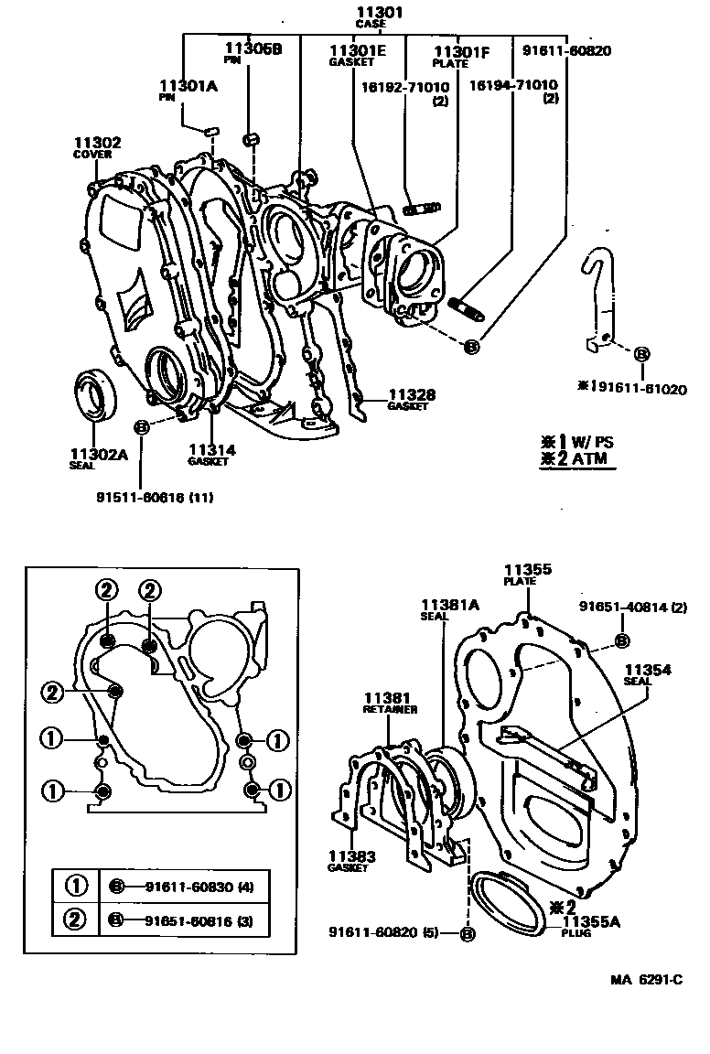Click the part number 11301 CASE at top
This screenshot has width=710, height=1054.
379,16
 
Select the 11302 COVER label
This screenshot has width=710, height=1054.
97,147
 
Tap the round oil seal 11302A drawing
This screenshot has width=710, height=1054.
94,393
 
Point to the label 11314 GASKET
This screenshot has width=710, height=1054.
212,454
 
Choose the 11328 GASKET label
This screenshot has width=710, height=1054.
408,400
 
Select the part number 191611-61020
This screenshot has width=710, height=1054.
631,389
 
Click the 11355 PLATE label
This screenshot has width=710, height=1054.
529,574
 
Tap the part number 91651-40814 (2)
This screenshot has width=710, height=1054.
632,607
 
